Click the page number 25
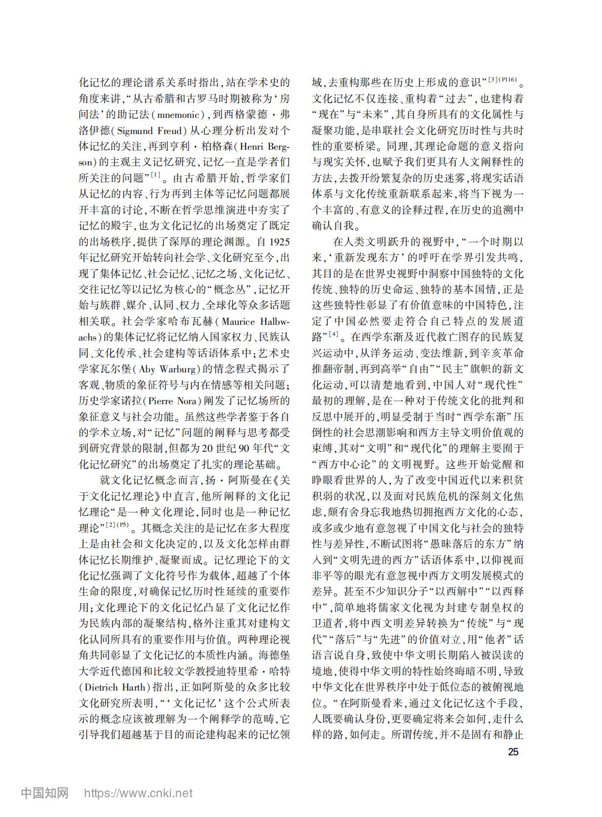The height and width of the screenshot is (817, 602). click(513, 752)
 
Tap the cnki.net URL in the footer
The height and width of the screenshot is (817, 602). click(138, 793)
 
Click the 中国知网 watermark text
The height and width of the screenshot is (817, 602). click(45, 793)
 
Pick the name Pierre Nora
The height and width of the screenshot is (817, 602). click(174, 402)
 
